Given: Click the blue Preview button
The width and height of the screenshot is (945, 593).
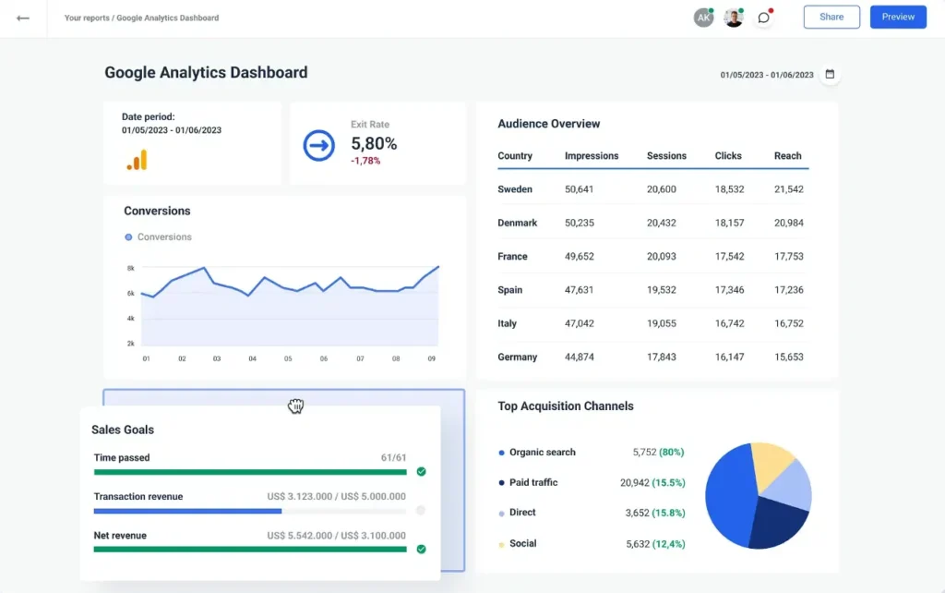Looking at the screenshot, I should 898,18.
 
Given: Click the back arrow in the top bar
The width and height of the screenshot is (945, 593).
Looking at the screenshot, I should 23,18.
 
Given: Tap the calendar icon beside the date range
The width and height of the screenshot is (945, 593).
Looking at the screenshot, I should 830,74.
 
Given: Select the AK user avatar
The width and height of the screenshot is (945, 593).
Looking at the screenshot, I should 703,18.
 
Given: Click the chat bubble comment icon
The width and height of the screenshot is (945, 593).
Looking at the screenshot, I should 763,18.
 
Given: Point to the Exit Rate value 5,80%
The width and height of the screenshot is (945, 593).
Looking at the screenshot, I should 374,143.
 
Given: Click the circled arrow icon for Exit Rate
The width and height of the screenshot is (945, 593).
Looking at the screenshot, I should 319,145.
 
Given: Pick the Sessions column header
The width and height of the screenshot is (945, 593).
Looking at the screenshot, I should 666,156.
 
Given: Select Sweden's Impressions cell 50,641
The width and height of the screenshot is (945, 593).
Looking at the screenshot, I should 579,189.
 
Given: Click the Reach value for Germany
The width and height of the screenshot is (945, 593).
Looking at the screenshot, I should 788,357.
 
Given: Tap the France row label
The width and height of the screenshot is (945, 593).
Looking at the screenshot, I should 512,257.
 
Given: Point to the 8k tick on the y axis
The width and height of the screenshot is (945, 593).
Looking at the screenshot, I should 131,268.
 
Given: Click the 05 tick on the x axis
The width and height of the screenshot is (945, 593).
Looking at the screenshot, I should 288,358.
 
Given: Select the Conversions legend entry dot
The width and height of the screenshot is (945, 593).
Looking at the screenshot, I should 128,237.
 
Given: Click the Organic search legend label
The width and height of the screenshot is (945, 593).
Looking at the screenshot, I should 542,453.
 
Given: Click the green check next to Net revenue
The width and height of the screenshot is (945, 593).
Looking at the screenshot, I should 421,549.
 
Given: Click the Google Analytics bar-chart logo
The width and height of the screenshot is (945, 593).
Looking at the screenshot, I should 137,160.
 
